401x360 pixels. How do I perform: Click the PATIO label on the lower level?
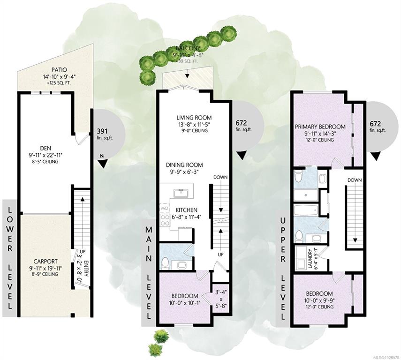[59, 70]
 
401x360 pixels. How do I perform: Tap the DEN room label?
[45, 148]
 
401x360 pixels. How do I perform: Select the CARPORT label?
[45, 262]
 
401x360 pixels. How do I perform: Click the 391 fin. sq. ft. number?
[102, 131]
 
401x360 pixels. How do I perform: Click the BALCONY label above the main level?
[188, 48]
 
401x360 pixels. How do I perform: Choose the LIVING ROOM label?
[194, 118]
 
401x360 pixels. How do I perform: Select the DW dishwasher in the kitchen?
[165, 209]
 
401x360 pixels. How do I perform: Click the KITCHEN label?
[187, 210]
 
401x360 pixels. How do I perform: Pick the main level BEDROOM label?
[185, 296]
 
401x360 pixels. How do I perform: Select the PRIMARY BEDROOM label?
[320, 127]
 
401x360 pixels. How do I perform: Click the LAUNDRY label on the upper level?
[310, 259]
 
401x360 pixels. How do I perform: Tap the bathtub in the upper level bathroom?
[306, 210]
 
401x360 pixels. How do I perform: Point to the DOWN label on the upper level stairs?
[355, 180]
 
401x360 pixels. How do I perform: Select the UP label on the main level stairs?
[220, 255]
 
